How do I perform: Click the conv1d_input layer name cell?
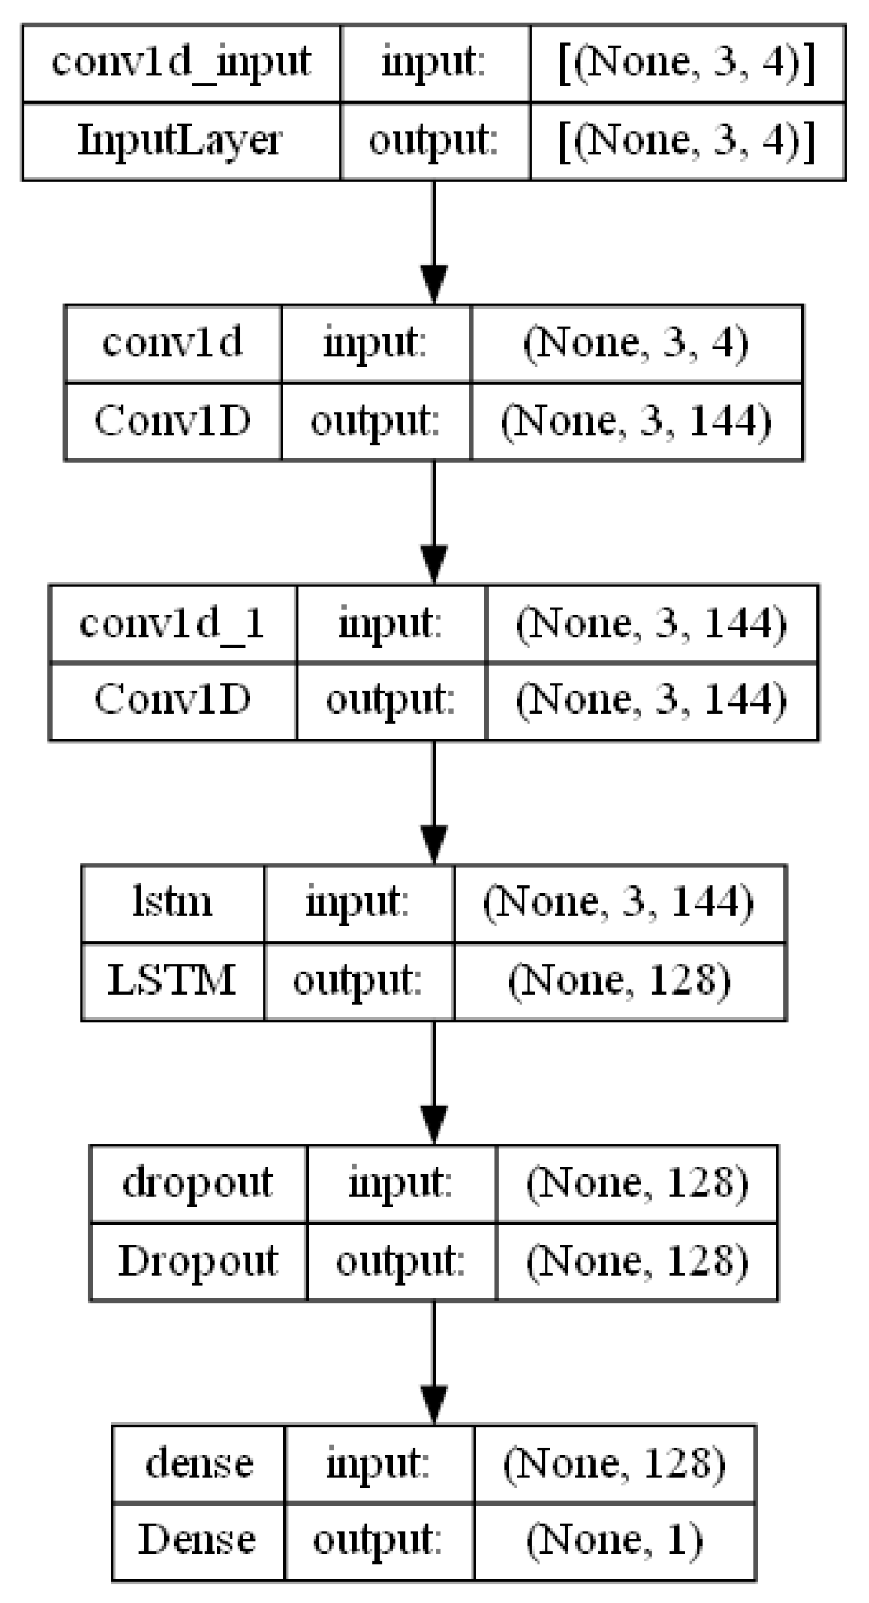pyautogui.click(x=181, y=62)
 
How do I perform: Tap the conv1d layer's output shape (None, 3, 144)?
pyautogui.click(x=636, y=422)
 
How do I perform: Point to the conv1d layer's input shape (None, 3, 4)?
pyautogui.click(x=636, y=343)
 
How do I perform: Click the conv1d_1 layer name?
pyautogui.click(x=173, y=623)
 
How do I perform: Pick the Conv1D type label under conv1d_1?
pyautogui.click(x=173, y=700)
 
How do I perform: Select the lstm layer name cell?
pyautogui.click(x=173, y=903)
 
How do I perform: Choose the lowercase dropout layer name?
pyautogui.click(x=198, y=1183)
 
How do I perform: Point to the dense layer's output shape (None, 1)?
pyautogui.click(x=614, y=1540)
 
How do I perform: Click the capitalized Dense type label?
pyautogui.click(x=198, y=1540)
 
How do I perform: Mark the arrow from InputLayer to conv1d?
pyautogui.click(x=434, y=243)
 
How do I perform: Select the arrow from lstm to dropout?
pyautogui.click(x=434, y=1083)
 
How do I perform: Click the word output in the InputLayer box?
pyautogui.click(x=434, y=141)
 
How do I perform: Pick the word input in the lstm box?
pyautogui.click(x=358, y=903)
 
